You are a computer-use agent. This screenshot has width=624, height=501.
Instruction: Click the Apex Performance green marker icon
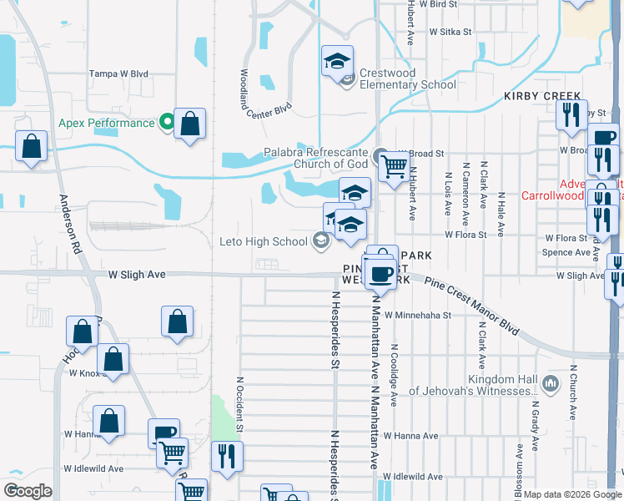point(167,123)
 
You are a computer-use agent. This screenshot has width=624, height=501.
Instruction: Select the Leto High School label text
point(263,242)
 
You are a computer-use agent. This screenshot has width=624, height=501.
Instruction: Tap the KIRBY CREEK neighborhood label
point(541,97)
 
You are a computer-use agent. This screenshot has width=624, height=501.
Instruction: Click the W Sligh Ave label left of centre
point(137,274)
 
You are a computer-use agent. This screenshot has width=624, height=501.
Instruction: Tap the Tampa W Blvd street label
point(118,73)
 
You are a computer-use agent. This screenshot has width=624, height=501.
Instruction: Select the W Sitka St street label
point(450,32)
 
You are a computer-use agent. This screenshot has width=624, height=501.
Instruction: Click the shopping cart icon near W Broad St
point(393,167)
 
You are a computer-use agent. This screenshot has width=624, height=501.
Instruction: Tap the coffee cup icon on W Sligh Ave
point(382,273)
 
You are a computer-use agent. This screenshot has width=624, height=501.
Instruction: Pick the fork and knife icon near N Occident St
point(227,456)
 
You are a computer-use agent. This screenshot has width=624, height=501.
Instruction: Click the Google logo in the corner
point(28,491)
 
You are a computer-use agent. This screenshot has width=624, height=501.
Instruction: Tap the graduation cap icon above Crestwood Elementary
point(338,61)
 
